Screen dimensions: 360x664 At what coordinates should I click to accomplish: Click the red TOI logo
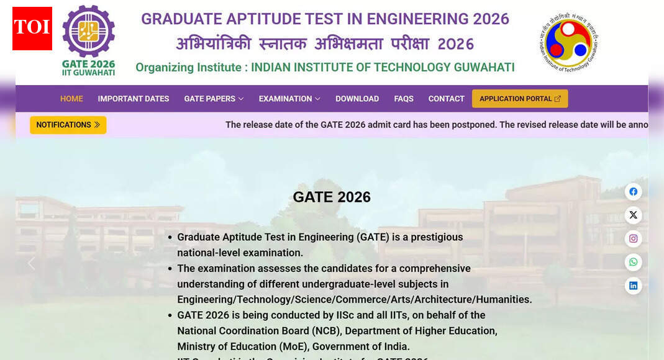pyautogui.click(x=32, y=29)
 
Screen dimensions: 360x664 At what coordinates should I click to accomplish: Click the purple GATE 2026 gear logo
pyautogui.click(x=88, y=31)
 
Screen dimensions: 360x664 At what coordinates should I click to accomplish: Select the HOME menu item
pyautogui.click(x=71, y=99)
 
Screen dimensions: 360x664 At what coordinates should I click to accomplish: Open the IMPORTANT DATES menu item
pyautogui.click(x=134, y=99)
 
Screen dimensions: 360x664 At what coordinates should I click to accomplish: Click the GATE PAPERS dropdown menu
pyautogui.click(x=214, y=99)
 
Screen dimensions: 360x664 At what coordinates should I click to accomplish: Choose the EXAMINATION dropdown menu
pyautogui.click(x=289, y=99)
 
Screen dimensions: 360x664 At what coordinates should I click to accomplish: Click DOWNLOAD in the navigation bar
pyautogui.click(x=357, y=99)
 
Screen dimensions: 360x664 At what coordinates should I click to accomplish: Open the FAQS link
pyautogui.click(x=404, y=99)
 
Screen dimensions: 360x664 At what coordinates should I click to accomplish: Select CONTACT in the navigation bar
pyautogui.click(x=446, y=99)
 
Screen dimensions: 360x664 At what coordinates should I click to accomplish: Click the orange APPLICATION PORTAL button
pyautogui.click(x=520, y=99)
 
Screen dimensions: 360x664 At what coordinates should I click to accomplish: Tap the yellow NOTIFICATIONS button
pyautogui.click(x=68, y=125)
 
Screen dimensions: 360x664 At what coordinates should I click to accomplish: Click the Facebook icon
pyautogui.click(x=633, y=192)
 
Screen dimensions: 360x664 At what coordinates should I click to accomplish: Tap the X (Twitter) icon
pyautogui.click(x=633, y=215)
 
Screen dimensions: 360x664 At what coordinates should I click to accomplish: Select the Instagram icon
pyautogui.click(x=633, y=239)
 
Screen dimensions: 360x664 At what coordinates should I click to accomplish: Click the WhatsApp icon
pyautogui.click(x=633, y=263)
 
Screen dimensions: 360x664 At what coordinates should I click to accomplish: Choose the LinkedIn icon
pyautogui.click(x=633, y=286)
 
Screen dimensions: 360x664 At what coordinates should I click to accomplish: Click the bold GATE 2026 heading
pyautogui.click(x=332, y=197)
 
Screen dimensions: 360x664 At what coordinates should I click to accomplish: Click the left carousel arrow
pyautogui.click(x=31, y=263)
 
